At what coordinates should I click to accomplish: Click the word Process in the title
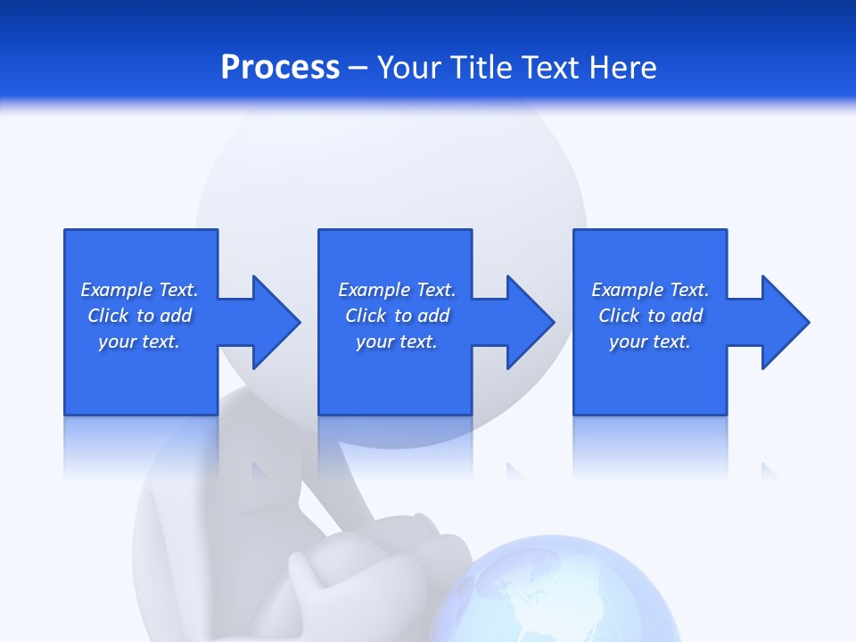280,67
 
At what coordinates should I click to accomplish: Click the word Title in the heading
480,67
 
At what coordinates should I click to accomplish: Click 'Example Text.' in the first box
139,290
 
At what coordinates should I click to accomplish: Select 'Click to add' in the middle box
397,316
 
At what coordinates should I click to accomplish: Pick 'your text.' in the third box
650,342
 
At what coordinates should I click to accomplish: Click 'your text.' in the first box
139,342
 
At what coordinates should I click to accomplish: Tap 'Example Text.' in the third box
650,290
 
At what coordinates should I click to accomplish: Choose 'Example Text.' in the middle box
397,290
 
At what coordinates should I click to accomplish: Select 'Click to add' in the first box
139,316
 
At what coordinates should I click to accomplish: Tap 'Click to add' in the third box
650,316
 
